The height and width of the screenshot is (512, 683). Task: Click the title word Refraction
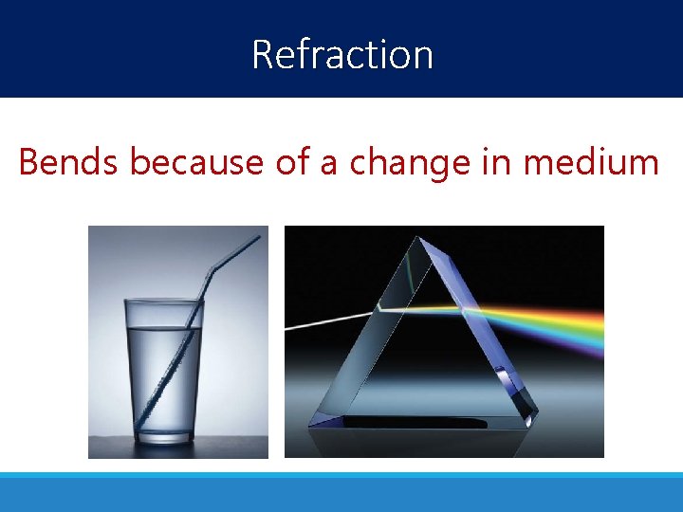pyautogui.click(x=342, y=54)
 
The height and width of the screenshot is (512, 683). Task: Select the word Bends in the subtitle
pyautogui.click(x=69, y=162)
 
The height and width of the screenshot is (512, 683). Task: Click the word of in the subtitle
pyautogui.click(x=292, y=162)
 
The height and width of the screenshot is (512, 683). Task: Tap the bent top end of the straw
pyautogui.click(x=237, y=248)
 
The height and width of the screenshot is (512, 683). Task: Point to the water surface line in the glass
pyautogui.click(x=161, y=329)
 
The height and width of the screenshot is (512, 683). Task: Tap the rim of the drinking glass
pyautogui.click(x=161, y=301)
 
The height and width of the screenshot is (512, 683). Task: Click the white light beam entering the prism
pyautogui.click(x=327, y=319)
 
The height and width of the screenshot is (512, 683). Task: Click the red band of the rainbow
pyautogui.click(x=569, y=313)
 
